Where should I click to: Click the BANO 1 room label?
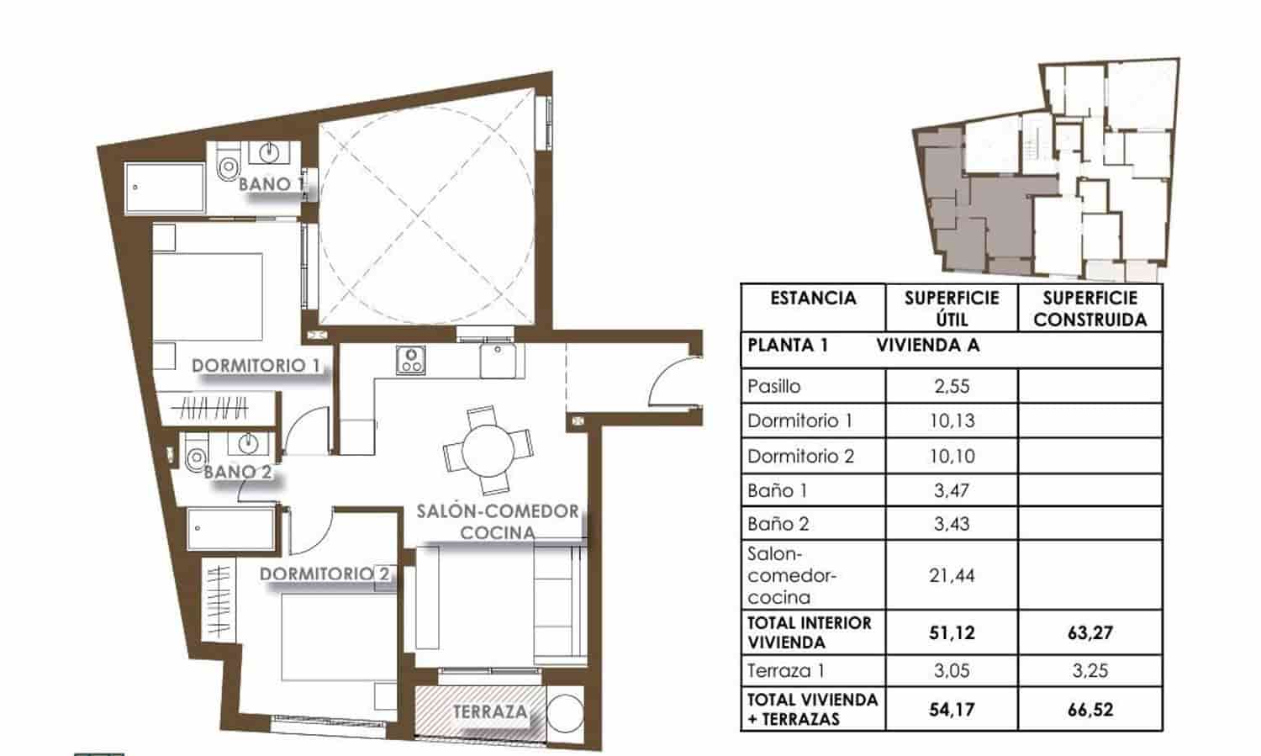pyautogui.click(x=271, y=183)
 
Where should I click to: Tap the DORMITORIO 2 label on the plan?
pyautogui.click(x=324, y=574)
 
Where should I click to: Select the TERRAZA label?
pyautogui.click(x=490, y=712)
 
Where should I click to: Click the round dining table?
pyautogui.click(x=488, y=450)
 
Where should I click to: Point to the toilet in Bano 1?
pyautogui.click(x=228, y=166)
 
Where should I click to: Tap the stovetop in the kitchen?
pyautogui.click(x=410, y=360)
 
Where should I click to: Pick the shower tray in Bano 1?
pyautogui.click(x=165, y=188)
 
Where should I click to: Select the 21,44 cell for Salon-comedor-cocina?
pyautogui.click(x=952, y=576)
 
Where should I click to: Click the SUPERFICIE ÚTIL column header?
pyautogui.click(x=952, y=309)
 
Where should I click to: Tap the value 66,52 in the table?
pyautogui.click(x=1090, y=710)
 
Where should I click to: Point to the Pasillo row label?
pyautogui.click(x=774, y=387)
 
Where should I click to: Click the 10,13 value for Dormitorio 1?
pyautogui.click(x=952, y=420)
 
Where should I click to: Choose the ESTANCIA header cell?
pyautogui.click(x=813, y=299)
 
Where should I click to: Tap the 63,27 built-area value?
pyautogui.click(x=1090, y=632)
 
